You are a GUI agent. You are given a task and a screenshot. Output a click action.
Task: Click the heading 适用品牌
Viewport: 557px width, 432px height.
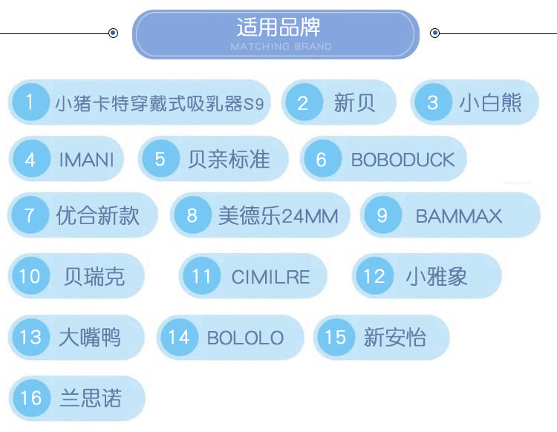(x=278, y=27)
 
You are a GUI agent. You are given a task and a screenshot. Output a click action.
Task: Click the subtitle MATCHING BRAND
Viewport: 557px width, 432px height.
(x=281, y=47)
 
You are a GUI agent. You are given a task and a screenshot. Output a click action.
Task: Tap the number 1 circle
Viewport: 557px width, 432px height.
(x=30, y=102)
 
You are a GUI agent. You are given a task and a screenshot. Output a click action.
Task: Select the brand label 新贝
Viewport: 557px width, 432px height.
(x=355, y=102)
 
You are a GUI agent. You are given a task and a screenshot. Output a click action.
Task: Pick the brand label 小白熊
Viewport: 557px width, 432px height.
(x=490, y=102)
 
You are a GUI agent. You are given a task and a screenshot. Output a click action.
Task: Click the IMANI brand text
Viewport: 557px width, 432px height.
(x=86, y=159)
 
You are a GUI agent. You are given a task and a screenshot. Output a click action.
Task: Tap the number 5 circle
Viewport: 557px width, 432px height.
(x=160, y=159)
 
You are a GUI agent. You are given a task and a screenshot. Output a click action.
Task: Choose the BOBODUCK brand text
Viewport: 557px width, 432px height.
(x=403, y=159)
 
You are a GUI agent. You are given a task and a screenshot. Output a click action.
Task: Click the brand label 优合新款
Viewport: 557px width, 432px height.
(x=97, y=215)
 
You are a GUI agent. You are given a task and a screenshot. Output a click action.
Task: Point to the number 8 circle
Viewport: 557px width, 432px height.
(x=192, y=215)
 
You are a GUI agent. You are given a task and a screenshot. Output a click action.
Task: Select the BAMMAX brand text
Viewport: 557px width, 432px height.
(x=458, y=216)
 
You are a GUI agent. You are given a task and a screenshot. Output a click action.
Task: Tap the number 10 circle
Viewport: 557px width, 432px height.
(x=30, y=277)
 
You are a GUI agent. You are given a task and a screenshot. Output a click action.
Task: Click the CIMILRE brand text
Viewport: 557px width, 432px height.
(x=270, y=278)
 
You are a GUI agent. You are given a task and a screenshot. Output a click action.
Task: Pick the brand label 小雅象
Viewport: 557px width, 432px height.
(x=436, y=277)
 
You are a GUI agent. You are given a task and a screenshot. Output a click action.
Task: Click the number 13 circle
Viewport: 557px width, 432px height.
(x=30, y=338)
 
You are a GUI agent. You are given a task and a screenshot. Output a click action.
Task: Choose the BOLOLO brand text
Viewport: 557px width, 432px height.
(x=245, y=338)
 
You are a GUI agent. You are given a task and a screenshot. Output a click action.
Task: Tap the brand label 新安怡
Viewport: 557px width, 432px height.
(x=394, y=338)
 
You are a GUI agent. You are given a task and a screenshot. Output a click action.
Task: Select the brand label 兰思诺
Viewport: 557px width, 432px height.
(x=90, y=398)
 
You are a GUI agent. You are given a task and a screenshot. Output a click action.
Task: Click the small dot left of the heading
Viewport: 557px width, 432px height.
(x=113, y=33)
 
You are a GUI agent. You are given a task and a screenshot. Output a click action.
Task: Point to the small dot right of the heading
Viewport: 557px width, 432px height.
(x=435, y=33)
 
